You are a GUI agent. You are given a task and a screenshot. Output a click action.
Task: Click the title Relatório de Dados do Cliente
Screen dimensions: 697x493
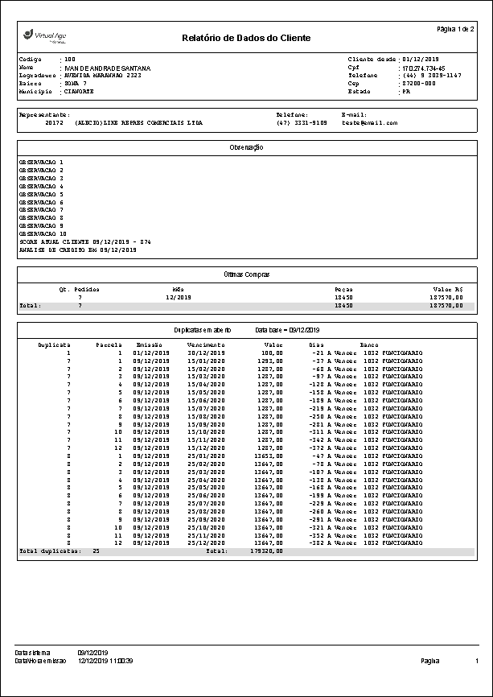click(x=246, y=38)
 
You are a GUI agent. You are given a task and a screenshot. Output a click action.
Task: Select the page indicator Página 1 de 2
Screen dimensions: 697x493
click(x=454, y=29)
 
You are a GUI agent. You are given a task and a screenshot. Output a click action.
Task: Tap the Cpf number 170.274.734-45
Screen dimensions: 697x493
click(x=422, y=68)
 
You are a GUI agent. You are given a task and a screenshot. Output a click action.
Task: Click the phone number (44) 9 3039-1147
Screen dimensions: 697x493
click(x=431, y=76)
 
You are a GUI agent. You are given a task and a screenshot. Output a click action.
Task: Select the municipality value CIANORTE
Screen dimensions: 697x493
click(x=79, y=92)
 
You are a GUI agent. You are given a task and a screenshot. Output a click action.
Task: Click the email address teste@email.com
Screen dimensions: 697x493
click(x=370, y=123)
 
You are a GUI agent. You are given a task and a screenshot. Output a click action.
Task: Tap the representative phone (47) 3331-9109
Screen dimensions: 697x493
click(x=302, y=123)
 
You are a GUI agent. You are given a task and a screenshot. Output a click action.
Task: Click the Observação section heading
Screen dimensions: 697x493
click(x=246, y=147)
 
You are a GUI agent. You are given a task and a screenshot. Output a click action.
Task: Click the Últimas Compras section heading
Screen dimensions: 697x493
click(x=246, y=274)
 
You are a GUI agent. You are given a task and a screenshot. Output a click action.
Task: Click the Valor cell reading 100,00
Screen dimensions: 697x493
click(x=272, y=352)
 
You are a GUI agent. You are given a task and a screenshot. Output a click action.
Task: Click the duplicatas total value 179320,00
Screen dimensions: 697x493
click(x=267, y=551)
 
